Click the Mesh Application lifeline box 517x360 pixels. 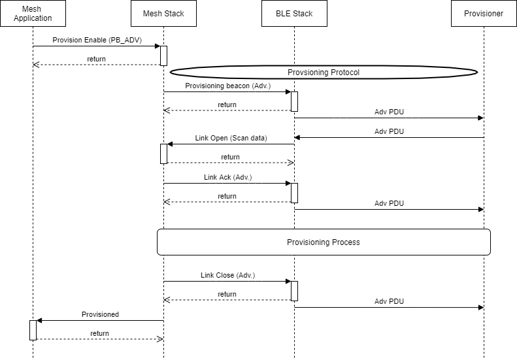coord(33,14)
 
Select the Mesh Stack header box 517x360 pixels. coord(163,14)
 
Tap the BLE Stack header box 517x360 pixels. coord(294,14)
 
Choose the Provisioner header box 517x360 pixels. coord(484,14)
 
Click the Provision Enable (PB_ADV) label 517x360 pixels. coord(97,40)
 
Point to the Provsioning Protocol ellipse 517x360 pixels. coord(324,72)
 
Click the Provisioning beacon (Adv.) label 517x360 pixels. coord(227,86)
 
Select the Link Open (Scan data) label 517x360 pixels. coord(231,138)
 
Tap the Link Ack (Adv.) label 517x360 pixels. coord(227,177)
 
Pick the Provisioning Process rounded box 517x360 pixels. coord(324,242)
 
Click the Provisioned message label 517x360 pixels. coord(100,314)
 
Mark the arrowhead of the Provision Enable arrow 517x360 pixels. coord(157,46)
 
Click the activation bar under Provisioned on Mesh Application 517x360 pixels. coord(33,330)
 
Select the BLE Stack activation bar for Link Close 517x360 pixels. coord(294,291)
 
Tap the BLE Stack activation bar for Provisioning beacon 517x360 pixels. coord(294,101)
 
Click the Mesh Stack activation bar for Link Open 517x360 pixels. coord(163,154)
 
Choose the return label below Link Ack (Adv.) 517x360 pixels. coord(227,196)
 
